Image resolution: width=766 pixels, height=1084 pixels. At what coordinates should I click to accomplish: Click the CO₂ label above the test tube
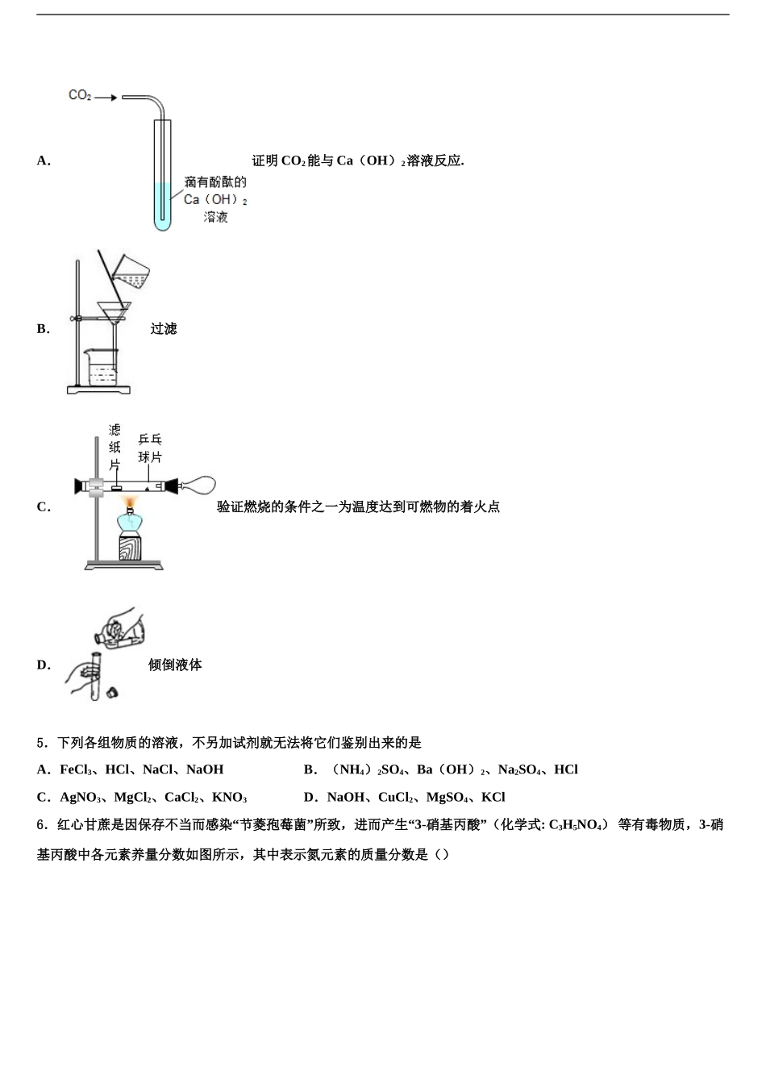coord(80,96)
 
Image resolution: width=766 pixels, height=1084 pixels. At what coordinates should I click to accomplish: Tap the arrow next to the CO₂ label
coord(105,98)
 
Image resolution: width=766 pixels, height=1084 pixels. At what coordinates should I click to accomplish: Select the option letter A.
coord(43,161)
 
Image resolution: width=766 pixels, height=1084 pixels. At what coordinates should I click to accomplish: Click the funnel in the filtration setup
coord(114,311)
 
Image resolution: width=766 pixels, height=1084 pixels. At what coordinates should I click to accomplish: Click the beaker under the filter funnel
coord(102,368)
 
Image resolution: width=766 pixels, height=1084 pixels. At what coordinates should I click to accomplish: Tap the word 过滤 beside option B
coord(163,328)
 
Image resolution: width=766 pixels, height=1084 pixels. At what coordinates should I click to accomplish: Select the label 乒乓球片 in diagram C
coord(150,448)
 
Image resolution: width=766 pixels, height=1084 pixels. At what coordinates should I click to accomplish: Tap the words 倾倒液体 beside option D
coord(175,665)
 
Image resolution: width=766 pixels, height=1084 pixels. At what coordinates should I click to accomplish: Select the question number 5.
coord(41,742)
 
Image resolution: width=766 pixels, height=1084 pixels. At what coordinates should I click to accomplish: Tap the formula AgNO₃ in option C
coord(80,797)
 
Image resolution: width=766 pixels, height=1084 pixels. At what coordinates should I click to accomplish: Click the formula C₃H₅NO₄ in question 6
coord(577,824)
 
